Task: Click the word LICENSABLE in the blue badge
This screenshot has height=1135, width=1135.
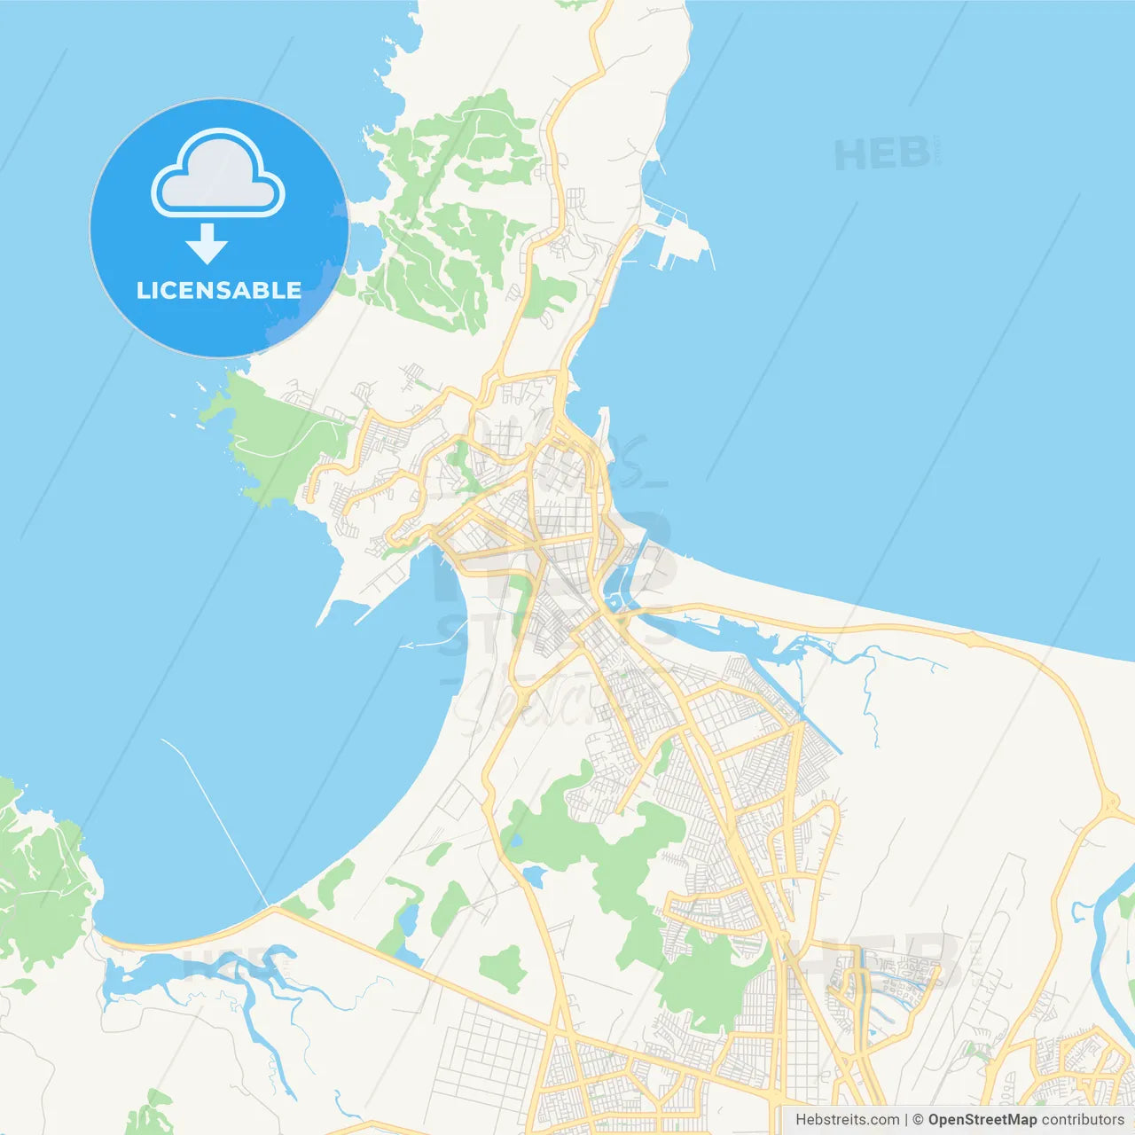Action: click(x=219, y=290)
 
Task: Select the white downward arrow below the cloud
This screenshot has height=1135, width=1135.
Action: click(x=207, y=243)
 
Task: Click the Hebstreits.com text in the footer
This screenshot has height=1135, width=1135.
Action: click(x=847, y=1120)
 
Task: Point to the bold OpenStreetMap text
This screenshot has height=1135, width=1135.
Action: click(x=982, y=1120)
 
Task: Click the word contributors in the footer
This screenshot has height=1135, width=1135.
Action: click(x=1083, y=1120)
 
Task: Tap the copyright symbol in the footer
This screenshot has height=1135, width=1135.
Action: click(x=918, y=1120)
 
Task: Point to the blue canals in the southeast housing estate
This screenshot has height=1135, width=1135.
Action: click(x=896, y=984)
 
